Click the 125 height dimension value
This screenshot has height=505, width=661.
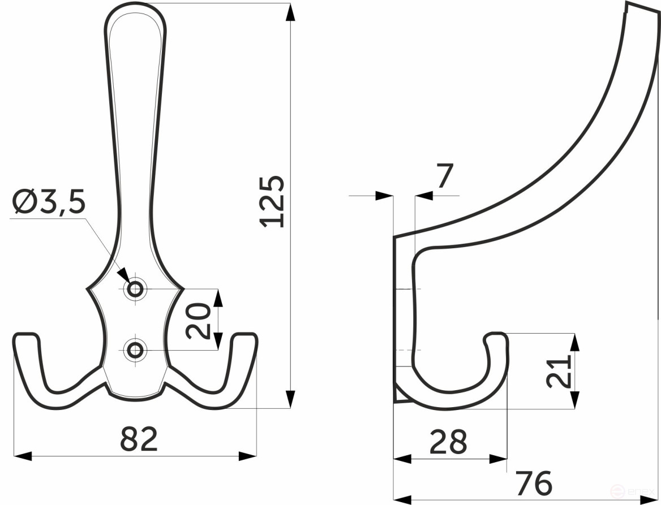point(274,202)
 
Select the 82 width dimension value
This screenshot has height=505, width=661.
point(139,439)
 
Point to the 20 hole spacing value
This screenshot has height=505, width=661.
point(199,320)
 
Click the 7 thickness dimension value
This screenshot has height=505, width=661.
point(445,178)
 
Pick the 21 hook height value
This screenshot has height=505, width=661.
point(559,372)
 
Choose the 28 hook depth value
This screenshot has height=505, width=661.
point(448,442)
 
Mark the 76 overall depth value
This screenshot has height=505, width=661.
point(534,484)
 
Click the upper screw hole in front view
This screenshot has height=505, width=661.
point(135,290)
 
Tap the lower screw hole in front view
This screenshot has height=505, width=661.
point(135,350)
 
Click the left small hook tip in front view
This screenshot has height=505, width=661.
point(26,338)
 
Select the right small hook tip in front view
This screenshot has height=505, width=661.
point(245,338)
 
